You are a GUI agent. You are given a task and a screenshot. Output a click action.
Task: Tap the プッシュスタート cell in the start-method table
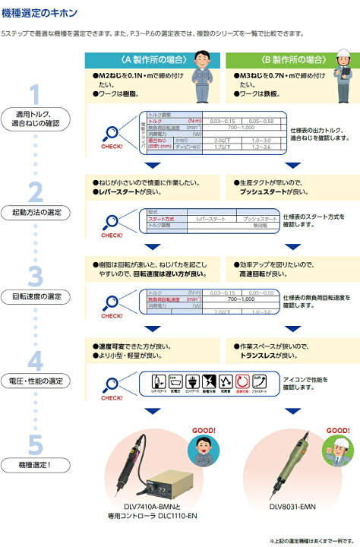point(260,218)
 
